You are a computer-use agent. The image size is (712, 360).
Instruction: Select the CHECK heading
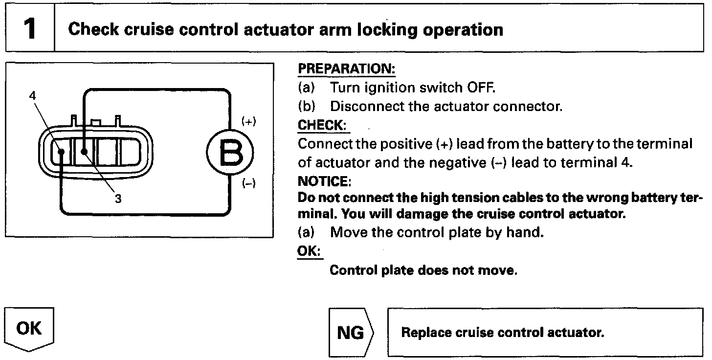click(322, 125)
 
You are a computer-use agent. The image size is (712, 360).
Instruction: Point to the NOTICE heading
click(324, 181)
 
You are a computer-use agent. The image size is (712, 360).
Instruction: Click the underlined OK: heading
click(310, 250)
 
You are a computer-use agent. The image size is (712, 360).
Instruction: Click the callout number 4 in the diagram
click(32, 95)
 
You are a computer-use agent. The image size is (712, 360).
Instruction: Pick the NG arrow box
click(351, 333)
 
